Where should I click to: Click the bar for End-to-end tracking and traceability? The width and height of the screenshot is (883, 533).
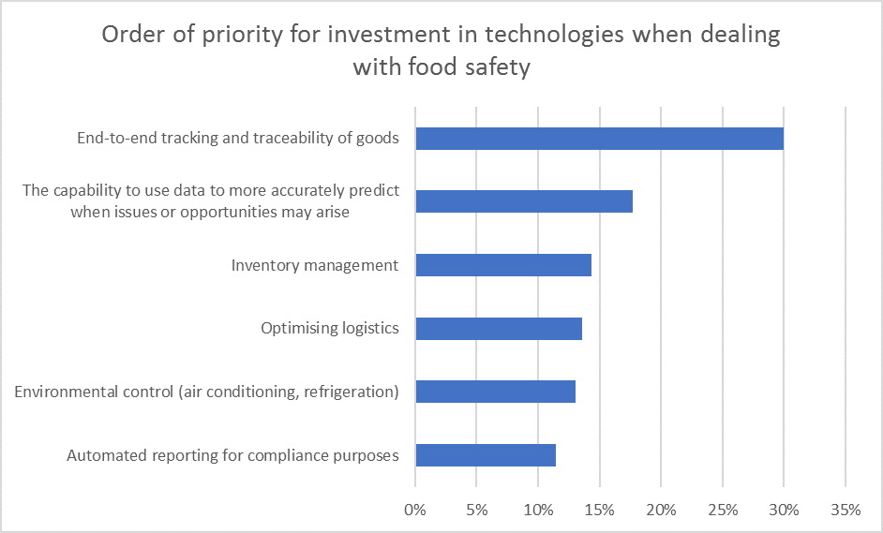(599, 139)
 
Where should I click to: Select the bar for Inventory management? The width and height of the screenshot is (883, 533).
(503, 265)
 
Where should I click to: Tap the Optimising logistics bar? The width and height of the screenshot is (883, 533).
(499, 329)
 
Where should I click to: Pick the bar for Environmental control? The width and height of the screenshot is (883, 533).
(495, 392)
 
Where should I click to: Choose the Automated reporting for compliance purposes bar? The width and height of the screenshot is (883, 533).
(486, 455)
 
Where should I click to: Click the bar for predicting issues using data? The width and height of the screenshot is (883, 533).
(524, 201)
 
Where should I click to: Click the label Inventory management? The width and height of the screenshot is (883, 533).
(315, 265)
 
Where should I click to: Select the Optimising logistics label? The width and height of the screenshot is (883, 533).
(330, 329)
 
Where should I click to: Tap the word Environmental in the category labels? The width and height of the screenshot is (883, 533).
(67, 392)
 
